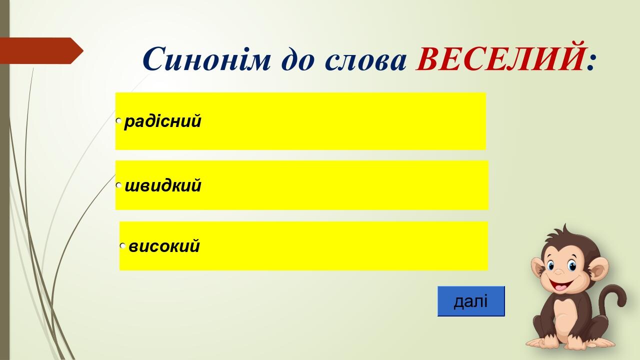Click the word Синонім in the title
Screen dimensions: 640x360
[x=206, y=58]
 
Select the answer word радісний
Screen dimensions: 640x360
[x=163, y=121]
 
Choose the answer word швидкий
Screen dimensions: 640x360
[x=163, y=185]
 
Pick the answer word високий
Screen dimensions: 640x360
[x=164, y=245]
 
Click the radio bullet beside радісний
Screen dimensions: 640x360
[x=118, y=121]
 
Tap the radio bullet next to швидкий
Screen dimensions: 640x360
[x=118, y=185]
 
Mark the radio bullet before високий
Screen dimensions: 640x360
[x=122, y=245]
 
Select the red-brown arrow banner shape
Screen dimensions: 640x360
[x=41, y=50]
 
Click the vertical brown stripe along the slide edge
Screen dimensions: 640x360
[x=4, y=180]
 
